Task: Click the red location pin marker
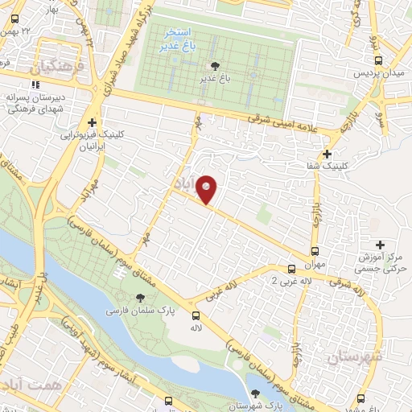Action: (x=208, y=190)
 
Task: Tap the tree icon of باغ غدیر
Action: (x=214, y=66)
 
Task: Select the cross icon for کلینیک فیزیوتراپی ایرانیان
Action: (x=93, y=123)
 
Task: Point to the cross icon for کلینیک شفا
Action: (x=327, y=154)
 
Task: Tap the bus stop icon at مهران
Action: (x=315, y=249)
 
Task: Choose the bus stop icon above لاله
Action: (x=196, y=315)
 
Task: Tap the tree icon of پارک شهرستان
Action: (x=256, y=394)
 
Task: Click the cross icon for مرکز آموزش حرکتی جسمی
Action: (x=380, y=245)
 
